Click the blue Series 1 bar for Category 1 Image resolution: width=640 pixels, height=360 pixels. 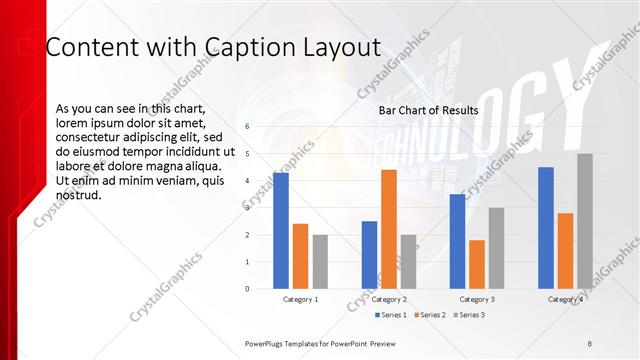[x=281, y=231]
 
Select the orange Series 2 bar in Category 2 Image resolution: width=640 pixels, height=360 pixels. [x=389, y=229]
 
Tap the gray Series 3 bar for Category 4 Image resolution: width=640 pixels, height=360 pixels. [x=585, y=221]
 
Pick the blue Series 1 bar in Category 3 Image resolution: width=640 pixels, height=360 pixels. [x=457, y=241]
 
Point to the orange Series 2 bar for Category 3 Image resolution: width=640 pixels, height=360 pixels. [x=477, y=264]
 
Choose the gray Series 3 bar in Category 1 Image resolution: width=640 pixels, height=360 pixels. [x=320, y=262]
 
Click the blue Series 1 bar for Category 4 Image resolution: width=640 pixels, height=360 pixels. [x=546, y=228]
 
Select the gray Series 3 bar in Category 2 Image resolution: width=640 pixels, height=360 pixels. [x=408, y=262]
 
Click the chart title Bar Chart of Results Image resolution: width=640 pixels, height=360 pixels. [x=428, y=110]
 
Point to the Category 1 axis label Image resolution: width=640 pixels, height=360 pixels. [x=301, y=299]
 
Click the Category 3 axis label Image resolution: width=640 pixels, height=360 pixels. [x=478, y=299]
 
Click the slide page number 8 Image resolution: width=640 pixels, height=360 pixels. [x=590, y=343]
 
